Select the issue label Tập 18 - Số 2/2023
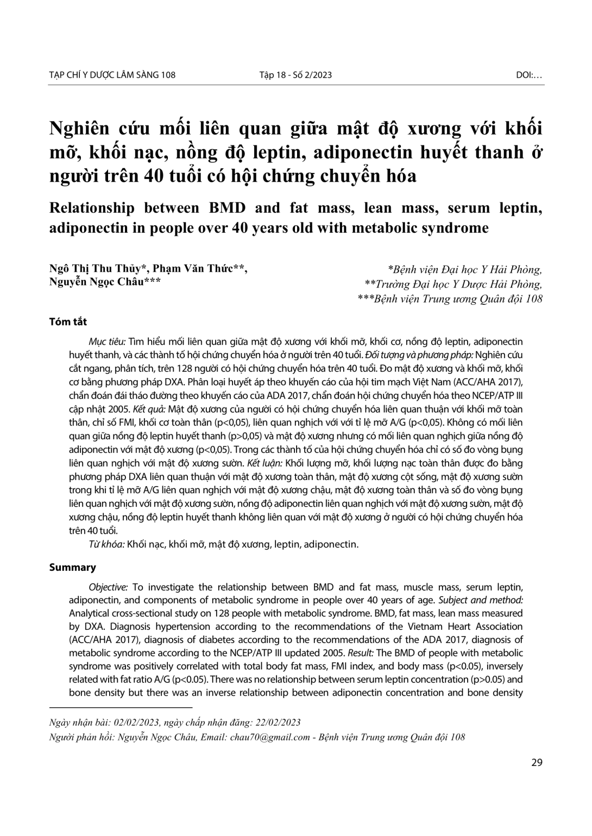tap(295, 75)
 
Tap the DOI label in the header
tap(528, 75)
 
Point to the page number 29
tap(537, 762)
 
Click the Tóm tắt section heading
tap(68, 322)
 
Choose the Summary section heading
tap(72, 567)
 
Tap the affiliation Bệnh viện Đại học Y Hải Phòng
tap(467, 269)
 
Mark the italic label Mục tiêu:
tap(107, 342)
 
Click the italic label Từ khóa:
tap(106, 544)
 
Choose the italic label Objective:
tap(109, 587)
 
